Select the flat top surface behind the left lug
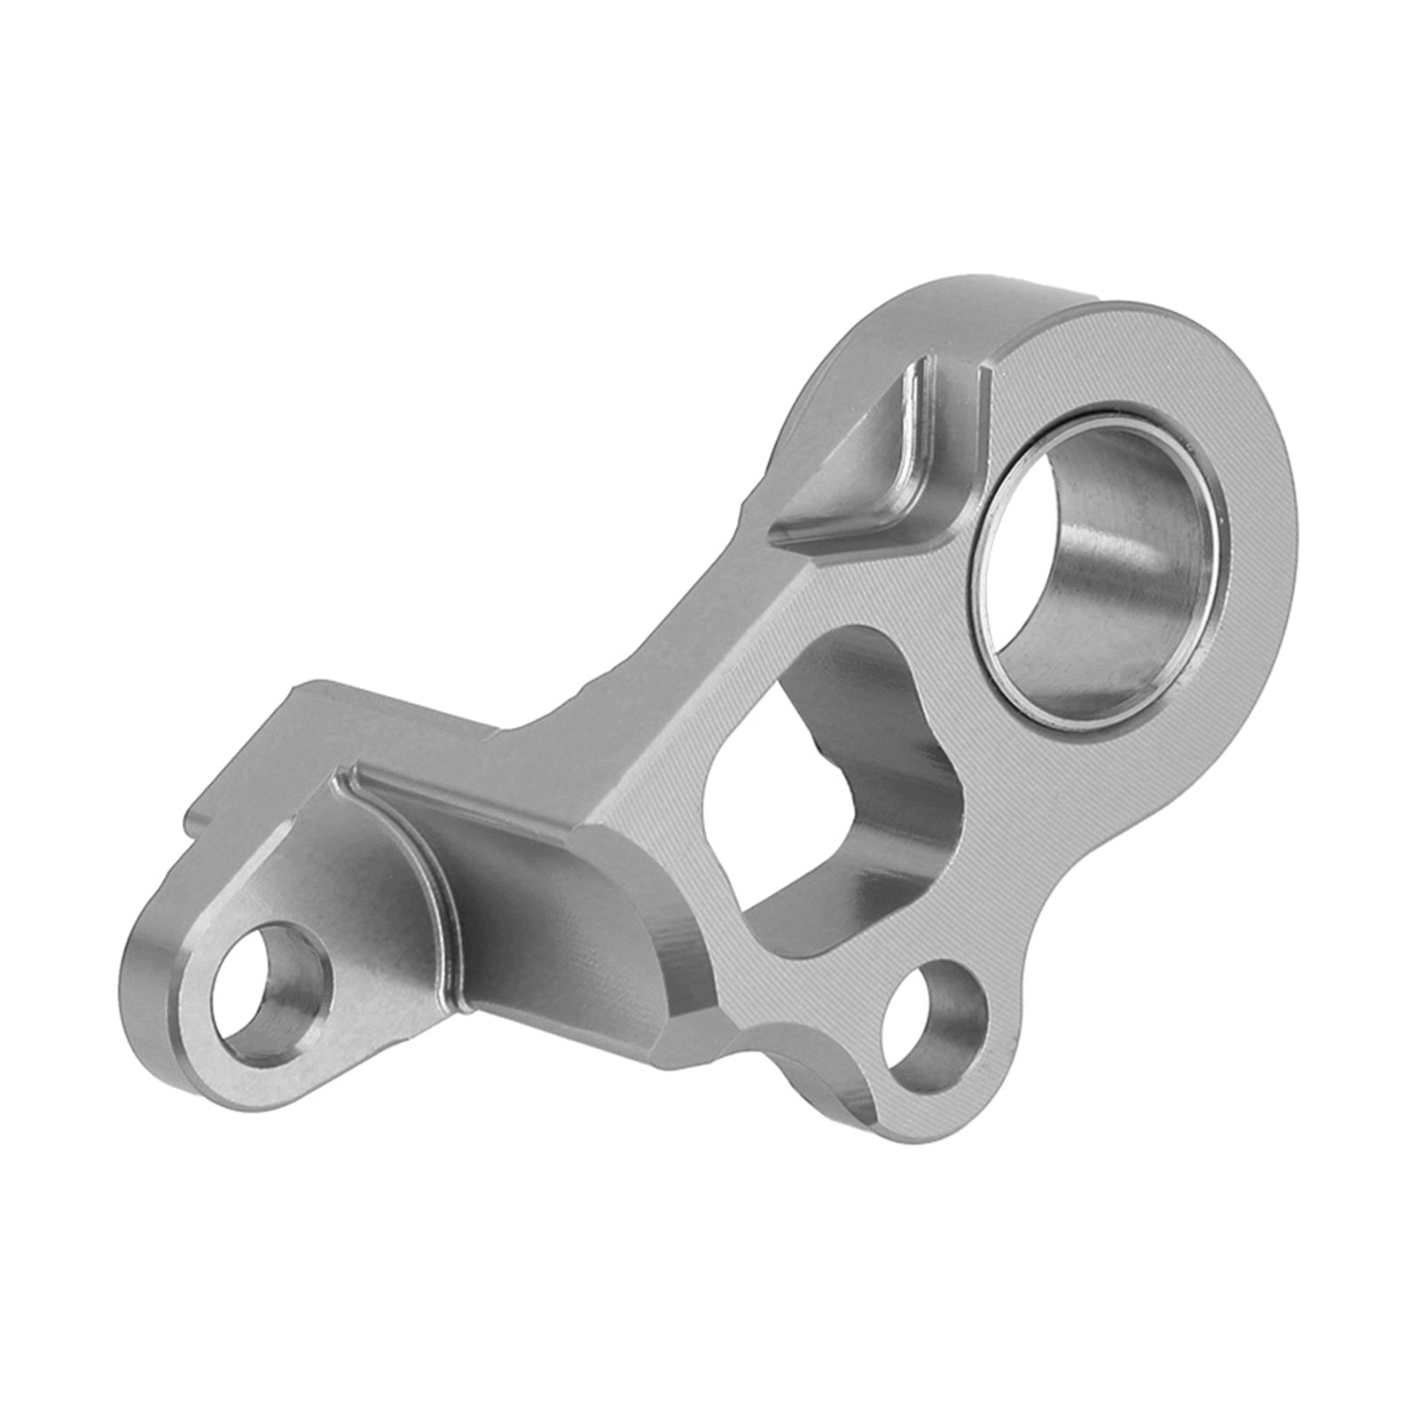coord(372,718)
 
